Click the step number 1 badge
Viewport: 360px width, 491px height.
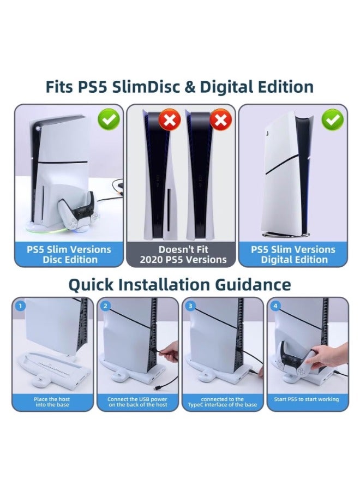pos(21,306)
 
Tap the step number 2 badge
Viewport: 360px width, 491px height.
pos(106,306)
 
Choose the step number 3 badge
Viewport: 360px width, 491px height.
pos(190,306)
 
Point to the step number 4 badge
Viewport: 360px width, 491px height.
pos(275,306)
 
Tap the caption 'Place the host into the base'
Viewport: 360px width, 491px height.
pos(52,402)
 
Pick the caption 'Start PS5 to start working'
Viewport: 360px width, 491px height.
pos(307,400)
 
